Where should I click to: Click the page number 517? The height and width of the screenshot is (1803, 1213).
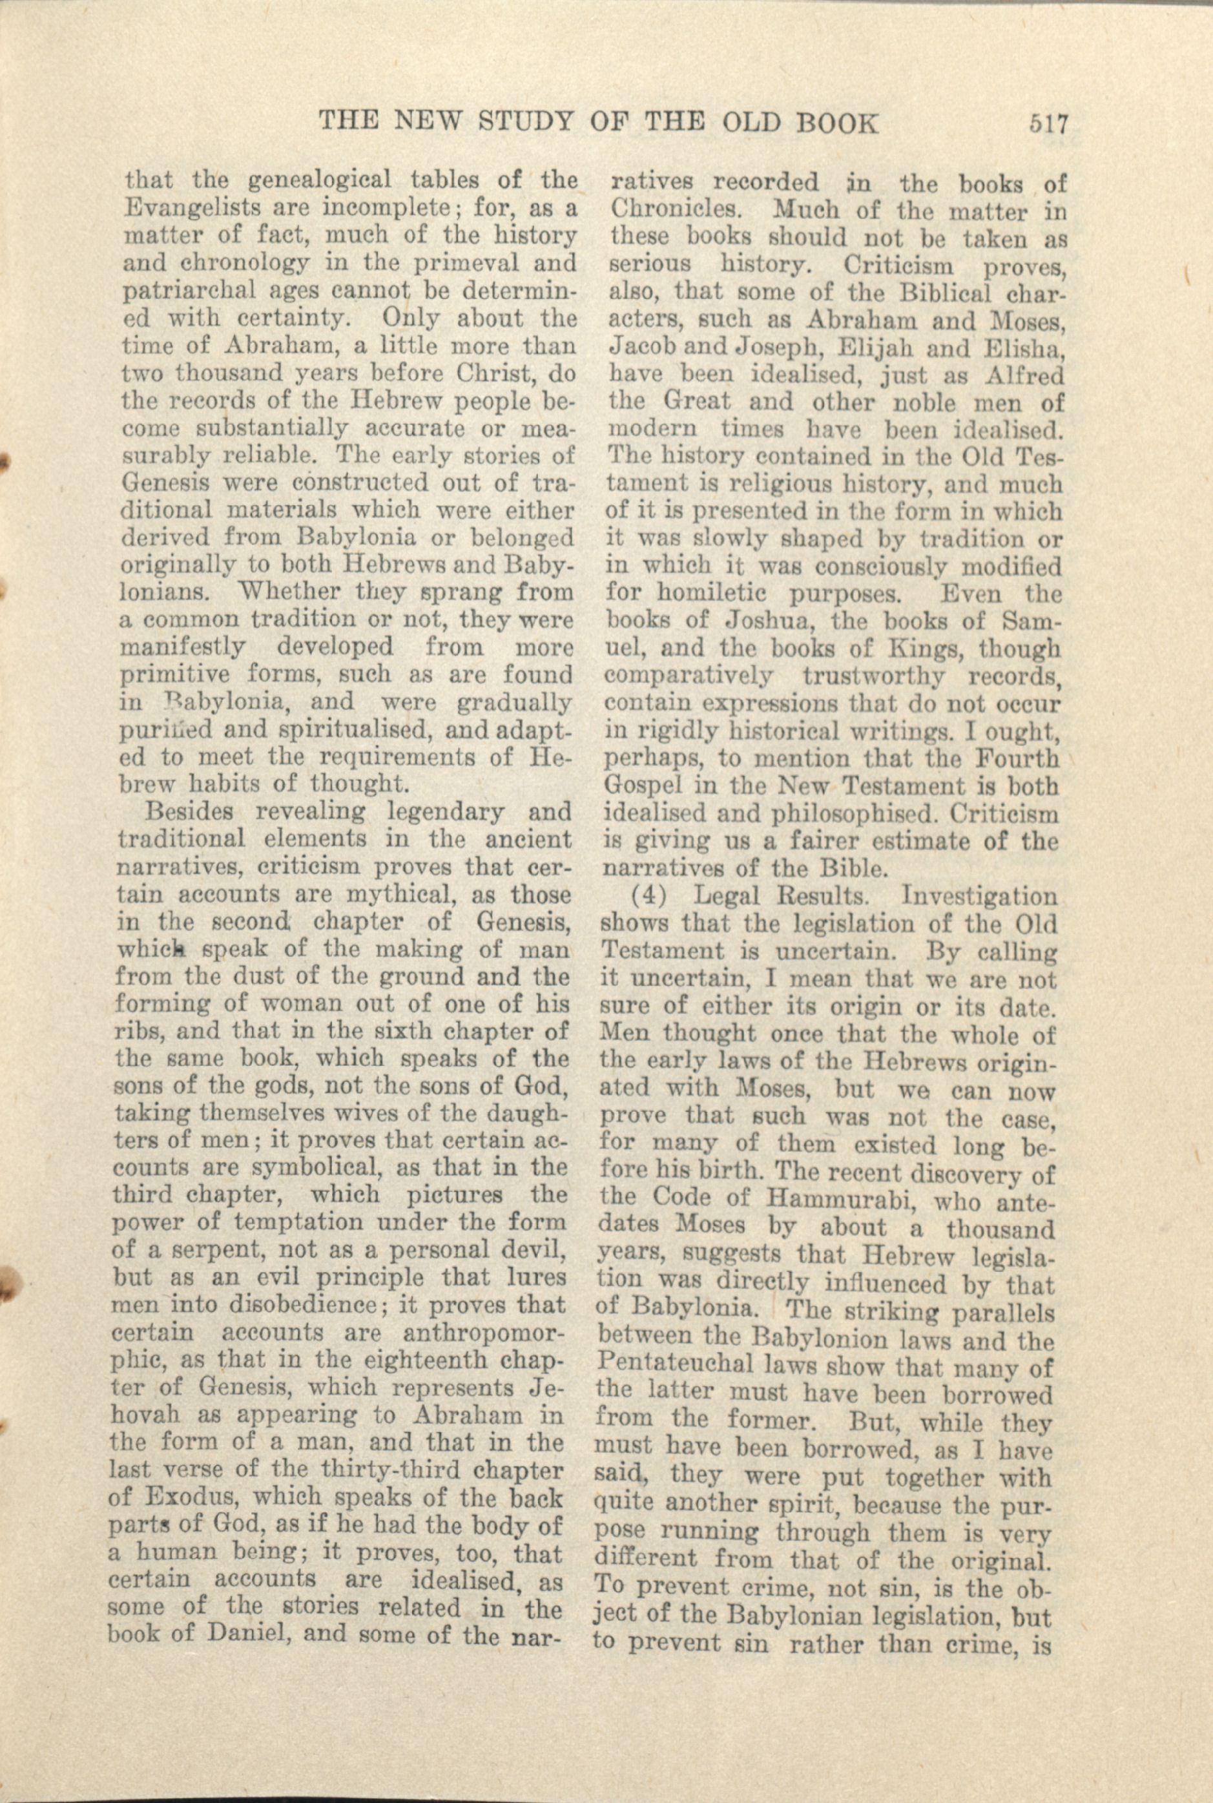point(1048,124)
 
